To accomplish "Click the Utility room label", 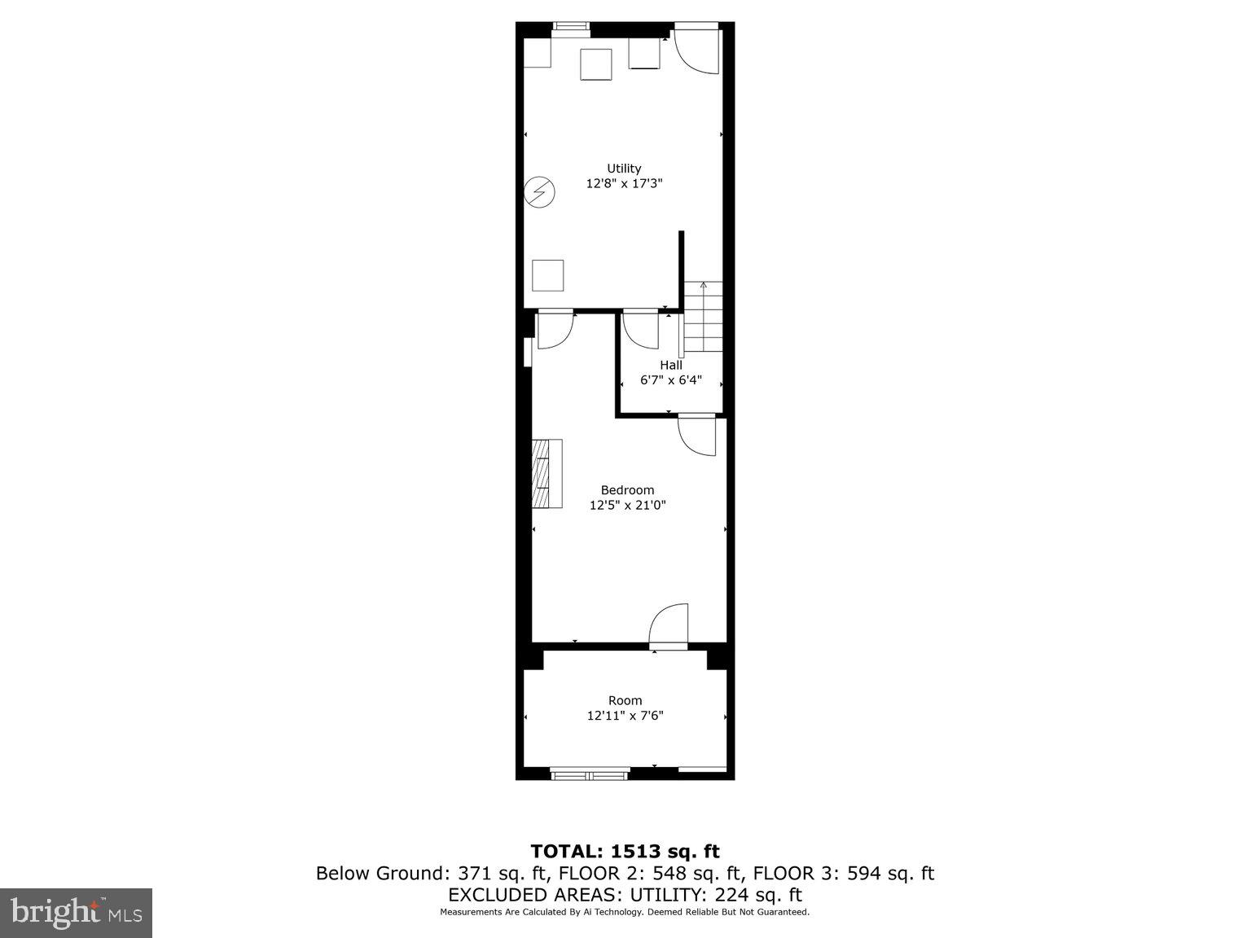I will [624, 169].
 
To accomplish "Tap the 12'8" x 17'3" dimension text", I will [624, 184].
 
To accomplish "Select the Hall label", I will [671, 365].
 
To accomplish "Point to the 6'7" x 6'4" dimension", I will [671, 380].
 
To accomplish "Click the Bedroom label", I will [627, 490].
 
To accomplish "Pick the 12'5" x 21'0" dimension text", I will [627, 506].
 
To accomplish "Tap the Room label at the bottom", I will [625, 700].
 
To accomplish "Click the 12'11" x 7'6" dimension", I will [625, 717].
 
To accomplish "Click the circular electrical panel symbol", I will [539, 192].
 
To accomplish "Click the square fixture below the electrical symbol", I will [548, 275].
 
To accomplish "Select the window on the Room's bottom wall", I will [590, 773].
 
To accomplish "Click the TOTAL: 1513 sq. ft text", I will [625, 852].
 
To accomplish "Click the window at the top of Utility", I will [571, 27].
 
